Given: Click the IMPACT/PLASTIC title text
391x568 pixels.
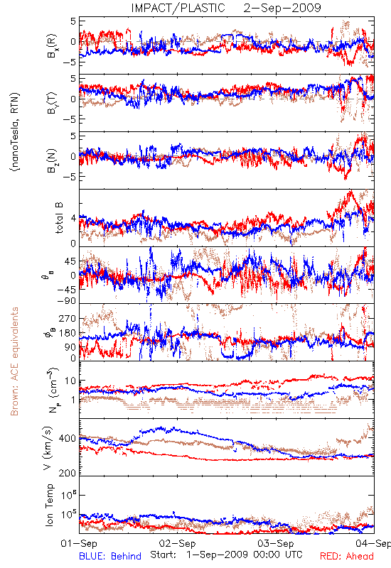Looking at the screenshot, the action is pos(178,8).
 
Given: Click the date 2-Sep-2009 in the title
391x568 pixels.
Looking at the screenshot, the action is pos(282,8).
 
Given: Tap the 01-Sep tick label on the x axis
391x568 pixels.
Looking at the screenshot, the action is pos(79,543).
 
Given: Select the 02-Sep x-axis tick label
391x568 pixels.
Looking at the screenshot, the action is pos(177,543).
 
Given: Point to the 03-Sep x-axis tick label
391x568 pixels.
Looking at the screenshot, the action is pos(276,543).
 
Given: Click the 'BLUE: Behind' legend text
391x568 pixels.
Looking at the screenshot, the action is pos(110,556).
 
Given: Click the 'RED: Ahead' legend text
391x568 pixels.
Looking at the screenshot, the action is pos(347,556).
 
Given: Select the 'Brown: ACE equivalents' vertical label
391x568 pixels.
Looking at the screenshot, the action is pos(14,361).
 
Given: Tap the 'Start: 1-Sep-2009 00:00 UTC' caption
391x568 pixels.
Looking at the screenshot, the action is pos(226,555).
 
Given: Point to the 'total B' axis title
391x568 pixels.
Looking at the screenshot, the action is pos(59,218).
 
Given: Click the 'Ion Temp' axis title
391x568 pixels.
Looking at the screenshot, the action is pos(49,505).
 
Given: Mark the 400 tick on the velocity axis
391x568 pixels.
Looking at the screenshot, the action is pos(67,438).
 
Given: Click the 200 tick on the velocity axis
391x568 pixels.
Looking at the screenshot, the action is pos(67,473).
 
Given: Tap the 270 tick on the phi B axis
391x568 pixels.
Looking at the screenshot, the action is pos(67,318).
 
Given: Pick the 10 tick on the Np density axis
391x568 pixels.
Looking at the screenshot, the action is pos(70,381).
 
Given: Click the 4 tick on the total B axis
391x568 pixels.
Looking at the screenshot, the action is pos(73,218).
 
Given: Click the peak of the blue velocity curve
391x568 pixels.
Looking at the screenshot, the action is pos(161,427).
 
